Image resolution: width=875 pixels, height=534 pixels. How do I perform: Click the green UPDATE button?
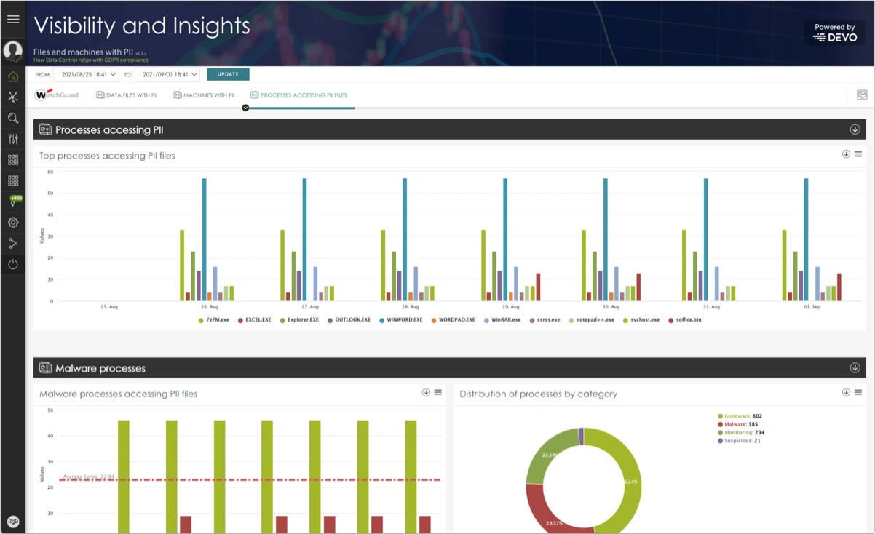pos(228,74)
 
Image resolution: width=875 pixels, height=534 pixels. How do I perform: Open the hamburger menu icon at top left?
pos(12,19)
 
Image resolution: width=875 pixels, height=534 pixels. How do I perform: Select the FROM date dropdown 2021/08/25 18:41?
pos(86,74)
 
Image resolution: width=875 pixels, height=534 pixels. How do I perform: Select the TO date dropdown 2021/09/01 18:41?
pos(167,74)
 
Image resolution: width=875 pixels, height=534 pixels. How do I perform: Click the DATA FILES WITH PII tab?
pos(127,95)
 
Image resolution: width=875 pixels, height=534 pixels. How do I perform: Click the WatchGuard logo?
pos(58,95)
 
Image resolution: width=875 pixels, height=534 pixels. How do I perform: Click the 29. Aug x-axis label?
pos(510,307)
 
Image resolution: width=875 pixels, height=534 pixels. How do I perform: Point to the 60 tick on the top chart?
pos(50,172)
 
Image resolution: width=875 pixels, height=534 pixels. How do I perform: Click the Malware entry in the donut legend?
pos(740,424)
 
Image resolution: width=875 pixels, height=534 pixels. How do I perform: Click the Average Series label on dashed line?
pos(88,477)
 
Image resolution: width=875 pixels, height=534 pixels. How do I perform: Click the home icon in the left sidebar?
pos(13,76)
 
